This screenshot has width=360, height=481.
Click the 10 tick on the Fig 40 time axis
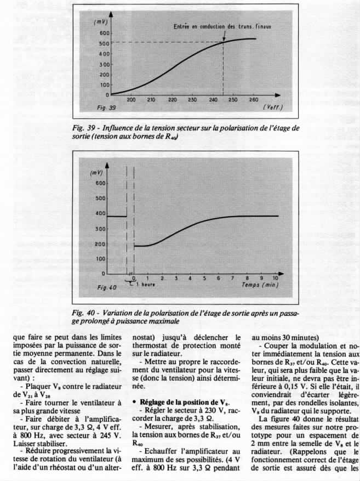pos(275,278)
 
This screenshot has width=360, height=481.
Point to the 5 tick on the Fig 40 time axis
pos(204,278)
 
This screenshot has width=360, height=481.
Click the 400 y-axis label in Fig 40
pos(100,213)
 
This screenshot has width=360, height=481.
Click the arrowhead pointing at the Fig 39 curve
pos(224,39)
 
